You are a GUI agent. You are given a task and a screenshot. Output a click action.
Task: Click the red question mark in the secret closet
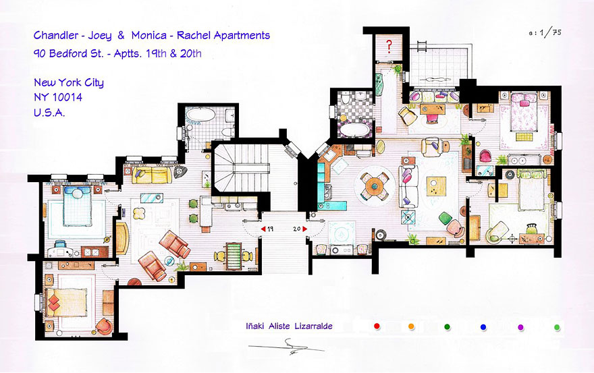point(389,47)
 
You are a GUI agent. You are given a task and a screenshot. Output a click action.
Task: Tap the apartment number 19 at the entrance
point(269,229)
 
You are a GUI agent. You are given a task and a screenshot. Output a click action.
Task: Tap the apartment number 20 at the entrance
point(296,229)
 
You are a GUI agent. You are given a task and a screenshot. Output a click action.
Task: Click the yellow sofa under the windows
point(151,176)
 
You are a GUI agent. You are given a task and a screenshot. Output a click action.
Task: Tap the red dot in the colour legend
point(377,326)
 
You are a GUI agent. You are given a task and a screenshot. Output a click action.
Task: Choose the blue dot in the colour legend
point(483,327)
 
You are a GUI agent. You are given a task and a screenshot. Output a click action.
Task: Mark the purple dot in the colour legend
point(520,327)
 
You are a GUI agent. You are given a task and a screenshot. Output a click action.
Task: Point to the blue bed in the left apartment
point(75,207)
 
